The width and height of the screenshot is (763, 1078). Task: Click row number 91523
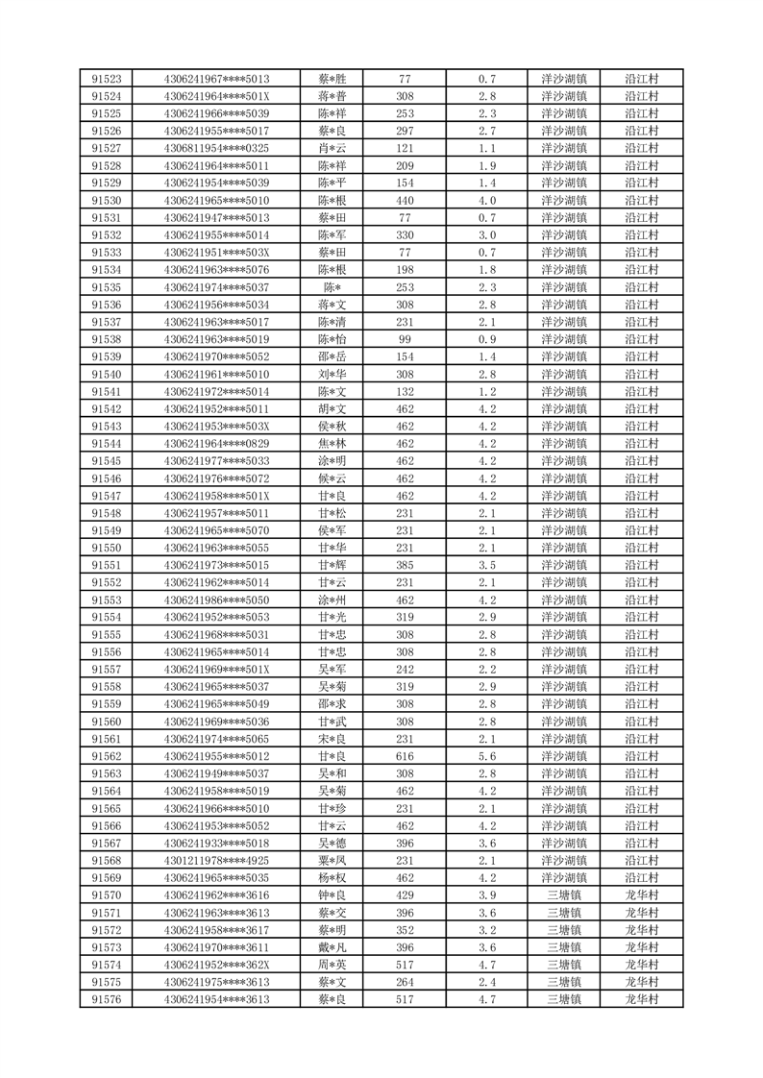tap(106, 79)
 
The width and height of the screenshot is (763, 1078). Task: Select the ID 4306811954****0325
tap(216, 148)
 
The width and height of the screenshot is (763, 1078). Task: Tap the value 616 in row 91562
tap(405, 756)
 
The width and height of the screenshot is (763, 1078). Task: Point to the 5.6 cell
tap(486, 756)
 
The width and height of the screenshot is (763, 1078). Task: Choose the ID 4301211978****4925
tap(216, 861)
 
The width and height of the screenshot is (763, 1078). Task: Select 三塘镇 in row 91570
tap(564, 895)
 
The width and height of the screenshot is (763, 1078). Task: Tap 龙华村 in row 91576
tap(642, 999)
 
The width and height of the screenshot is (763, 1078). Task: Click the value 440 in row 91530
tap(405, 200)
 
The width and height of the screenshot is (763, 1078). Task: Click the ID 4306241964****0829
tap(216, 443)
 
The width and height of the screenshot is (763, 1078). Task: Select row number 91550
tap(106, 548)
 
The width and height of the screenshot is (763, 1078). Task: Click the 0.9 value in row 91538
tap(486, 339)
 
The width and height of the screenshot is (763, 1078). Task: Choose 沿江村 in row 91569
tap(642, 878)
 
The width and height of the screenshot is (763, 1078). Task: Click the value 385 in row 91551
tap(405, 565)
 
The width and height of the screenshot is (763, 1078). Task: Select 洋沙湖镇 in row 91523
tap(564, 79)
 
